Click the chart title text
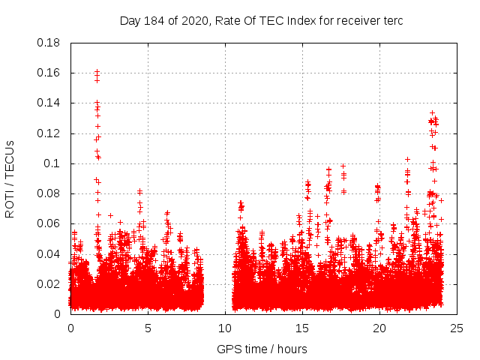point(261,20)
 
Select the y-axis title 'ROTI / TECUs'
point(10,178)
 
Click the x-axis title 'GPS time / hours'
point(261,349)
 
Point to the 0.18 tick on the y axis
point(49,43)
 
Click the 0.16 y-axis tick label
point(49,73)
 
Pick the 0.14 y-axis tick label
point(49,103)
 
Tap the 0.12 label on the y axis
point(49,133)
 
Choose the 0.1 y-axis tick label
point(53,163)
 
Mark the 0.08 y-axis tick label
point(49,193)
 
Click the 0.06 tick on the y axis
point(49,223)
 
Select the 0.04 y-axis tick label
point(49,253)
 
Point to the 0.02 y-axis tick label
point(49,283)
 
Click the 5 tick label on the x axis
point(148,328)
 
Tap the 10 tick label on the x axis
point(225,328)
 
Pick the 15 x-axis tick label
point(302,328)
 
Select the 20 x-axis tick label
point(379,328)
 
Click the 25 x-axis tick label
point(457,328)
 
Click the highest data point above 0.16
point(97,71)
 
